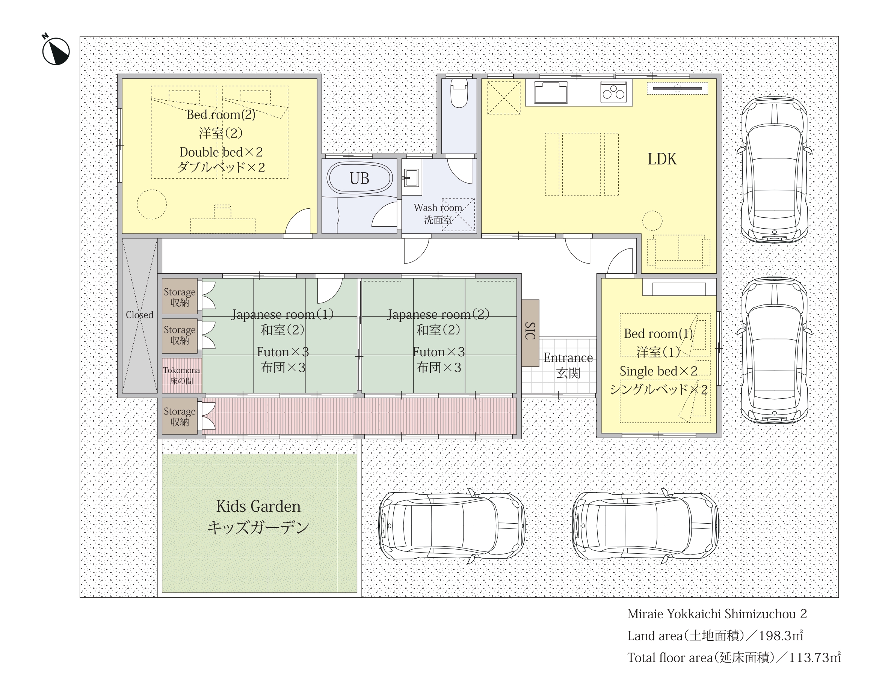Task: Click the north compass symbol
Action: coord(56,51)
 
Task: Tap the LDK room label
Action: coord(662,159)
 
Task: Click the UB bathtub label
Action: coord(359,179)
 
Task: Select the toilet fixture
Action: coord(459,93)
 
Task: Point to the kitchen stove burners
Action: coord(613,92)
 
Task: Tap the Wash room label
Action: coord(438,208)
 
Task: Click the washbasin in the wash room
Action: coord(411,177)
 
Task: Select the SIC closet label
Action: coord(530,331)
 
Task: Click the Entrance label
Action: coord(568,357)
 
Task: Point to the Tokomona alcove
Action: coord(181,375)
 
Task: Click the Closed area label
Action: coord(139,315)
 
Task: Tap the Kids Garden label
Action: coord(258,506)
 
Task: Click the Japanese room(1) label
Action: coord(282,314)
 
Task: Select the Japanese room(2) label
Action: coord(438,314)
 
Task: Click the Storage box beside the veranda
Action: coord(180,416)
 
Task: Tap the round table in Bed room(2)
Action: coord(152,204)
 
